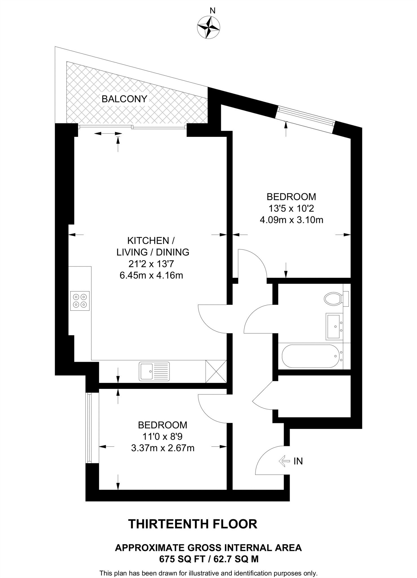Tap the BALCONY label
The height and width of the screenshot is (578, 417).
[x=124, y=99]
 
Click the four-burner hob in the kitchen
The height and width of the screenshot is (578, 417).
[x=80, y=301]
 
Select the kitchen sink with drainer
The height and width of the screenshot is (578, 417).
[x=154, y=371]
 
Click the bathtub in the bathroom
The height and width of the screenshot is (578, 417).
[x=310, y=356]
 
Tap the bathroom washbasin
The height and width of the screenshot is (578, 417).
[x=334, y=326]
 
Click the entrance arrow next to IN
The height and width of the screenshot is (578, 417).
[x=284, y=461]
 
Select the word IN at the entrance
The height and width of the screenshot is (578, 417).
[x=298, y=461]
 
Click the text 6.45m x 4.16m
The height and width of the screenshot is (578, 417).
[x=151, y=275]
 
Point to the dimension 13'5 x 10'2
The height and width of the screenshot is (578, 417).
[x=291, y=209]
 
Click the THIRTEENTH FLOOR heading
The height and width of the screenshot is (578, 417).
[x=193, y=524]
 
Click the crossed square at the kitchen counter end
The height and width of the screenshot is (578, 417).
[x=216, y=371]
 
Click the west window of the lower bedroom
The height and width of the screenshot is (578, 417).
[x=89, y=428]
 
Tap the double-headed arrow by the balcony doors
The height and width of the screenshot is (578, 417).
[x=108, y=133]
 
